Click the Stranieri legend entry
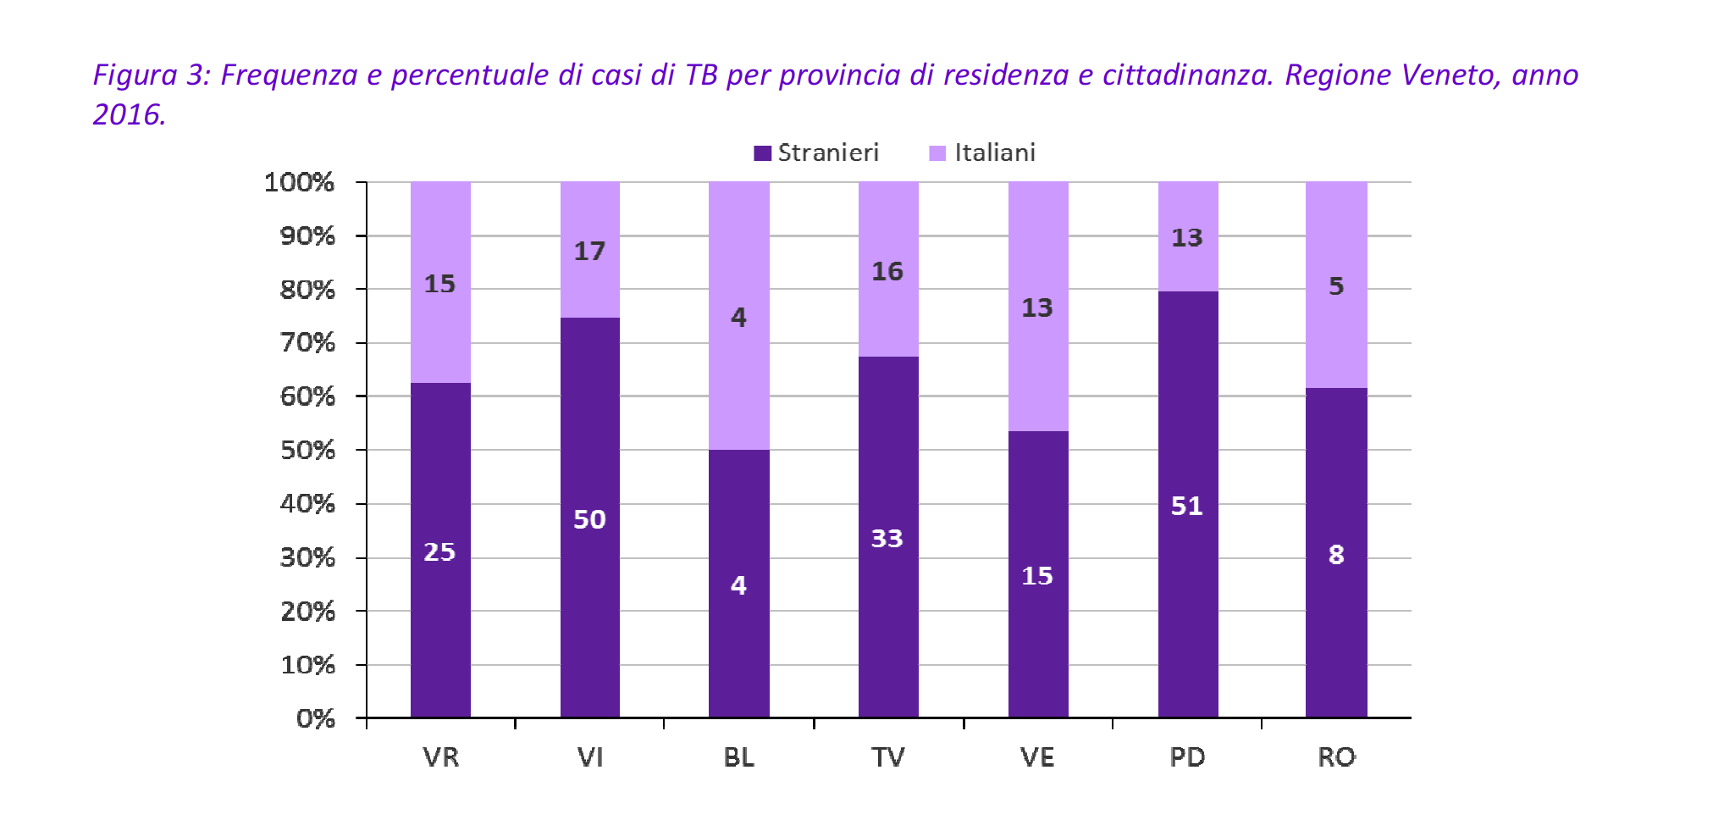click(816, 152)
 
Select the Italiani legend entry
click(982, 152)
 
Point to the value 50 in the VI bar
click(589, 519)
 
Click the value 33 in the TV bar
click(887, 538)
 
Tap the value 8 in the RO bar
click(1336, 555)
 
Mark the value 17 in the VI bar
click(589, 251)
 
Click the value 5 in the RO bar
click(1336, 286)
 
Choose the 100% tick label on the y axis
click(299, 182)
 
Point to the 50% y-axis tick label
click(307, 450)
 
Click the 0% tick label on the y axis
click(315, 718)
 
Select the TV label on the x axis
click(887, 756)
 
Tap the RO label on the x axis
click(1336, 756)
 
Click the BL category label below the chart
click(738, 756)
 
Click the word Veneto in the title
click(1451, 75)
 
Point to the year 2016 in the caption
click(128, 114)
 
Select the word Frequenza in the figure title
click(289, 75)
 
